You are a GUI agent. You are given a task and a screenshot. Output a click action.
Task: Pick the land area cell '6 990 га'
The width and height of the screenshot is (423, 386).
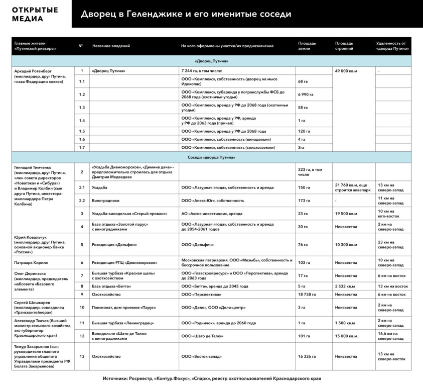[306, 94]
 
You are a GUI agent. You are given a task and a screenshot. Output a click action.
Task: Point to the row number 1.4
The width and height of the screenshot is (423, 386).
[81, 121]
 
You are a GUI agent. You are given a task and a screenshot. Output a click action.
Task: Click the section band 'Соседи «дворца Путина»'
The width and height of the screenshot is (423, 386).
[211, 157]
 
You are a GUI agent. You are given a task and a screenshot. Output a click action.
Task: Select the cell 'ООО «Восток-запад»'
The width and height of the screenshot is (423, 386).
[202, 356]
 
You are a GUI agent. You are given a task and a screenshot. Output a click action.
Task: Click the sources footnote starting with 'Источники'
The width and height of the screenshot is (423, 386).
[211, 378]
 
